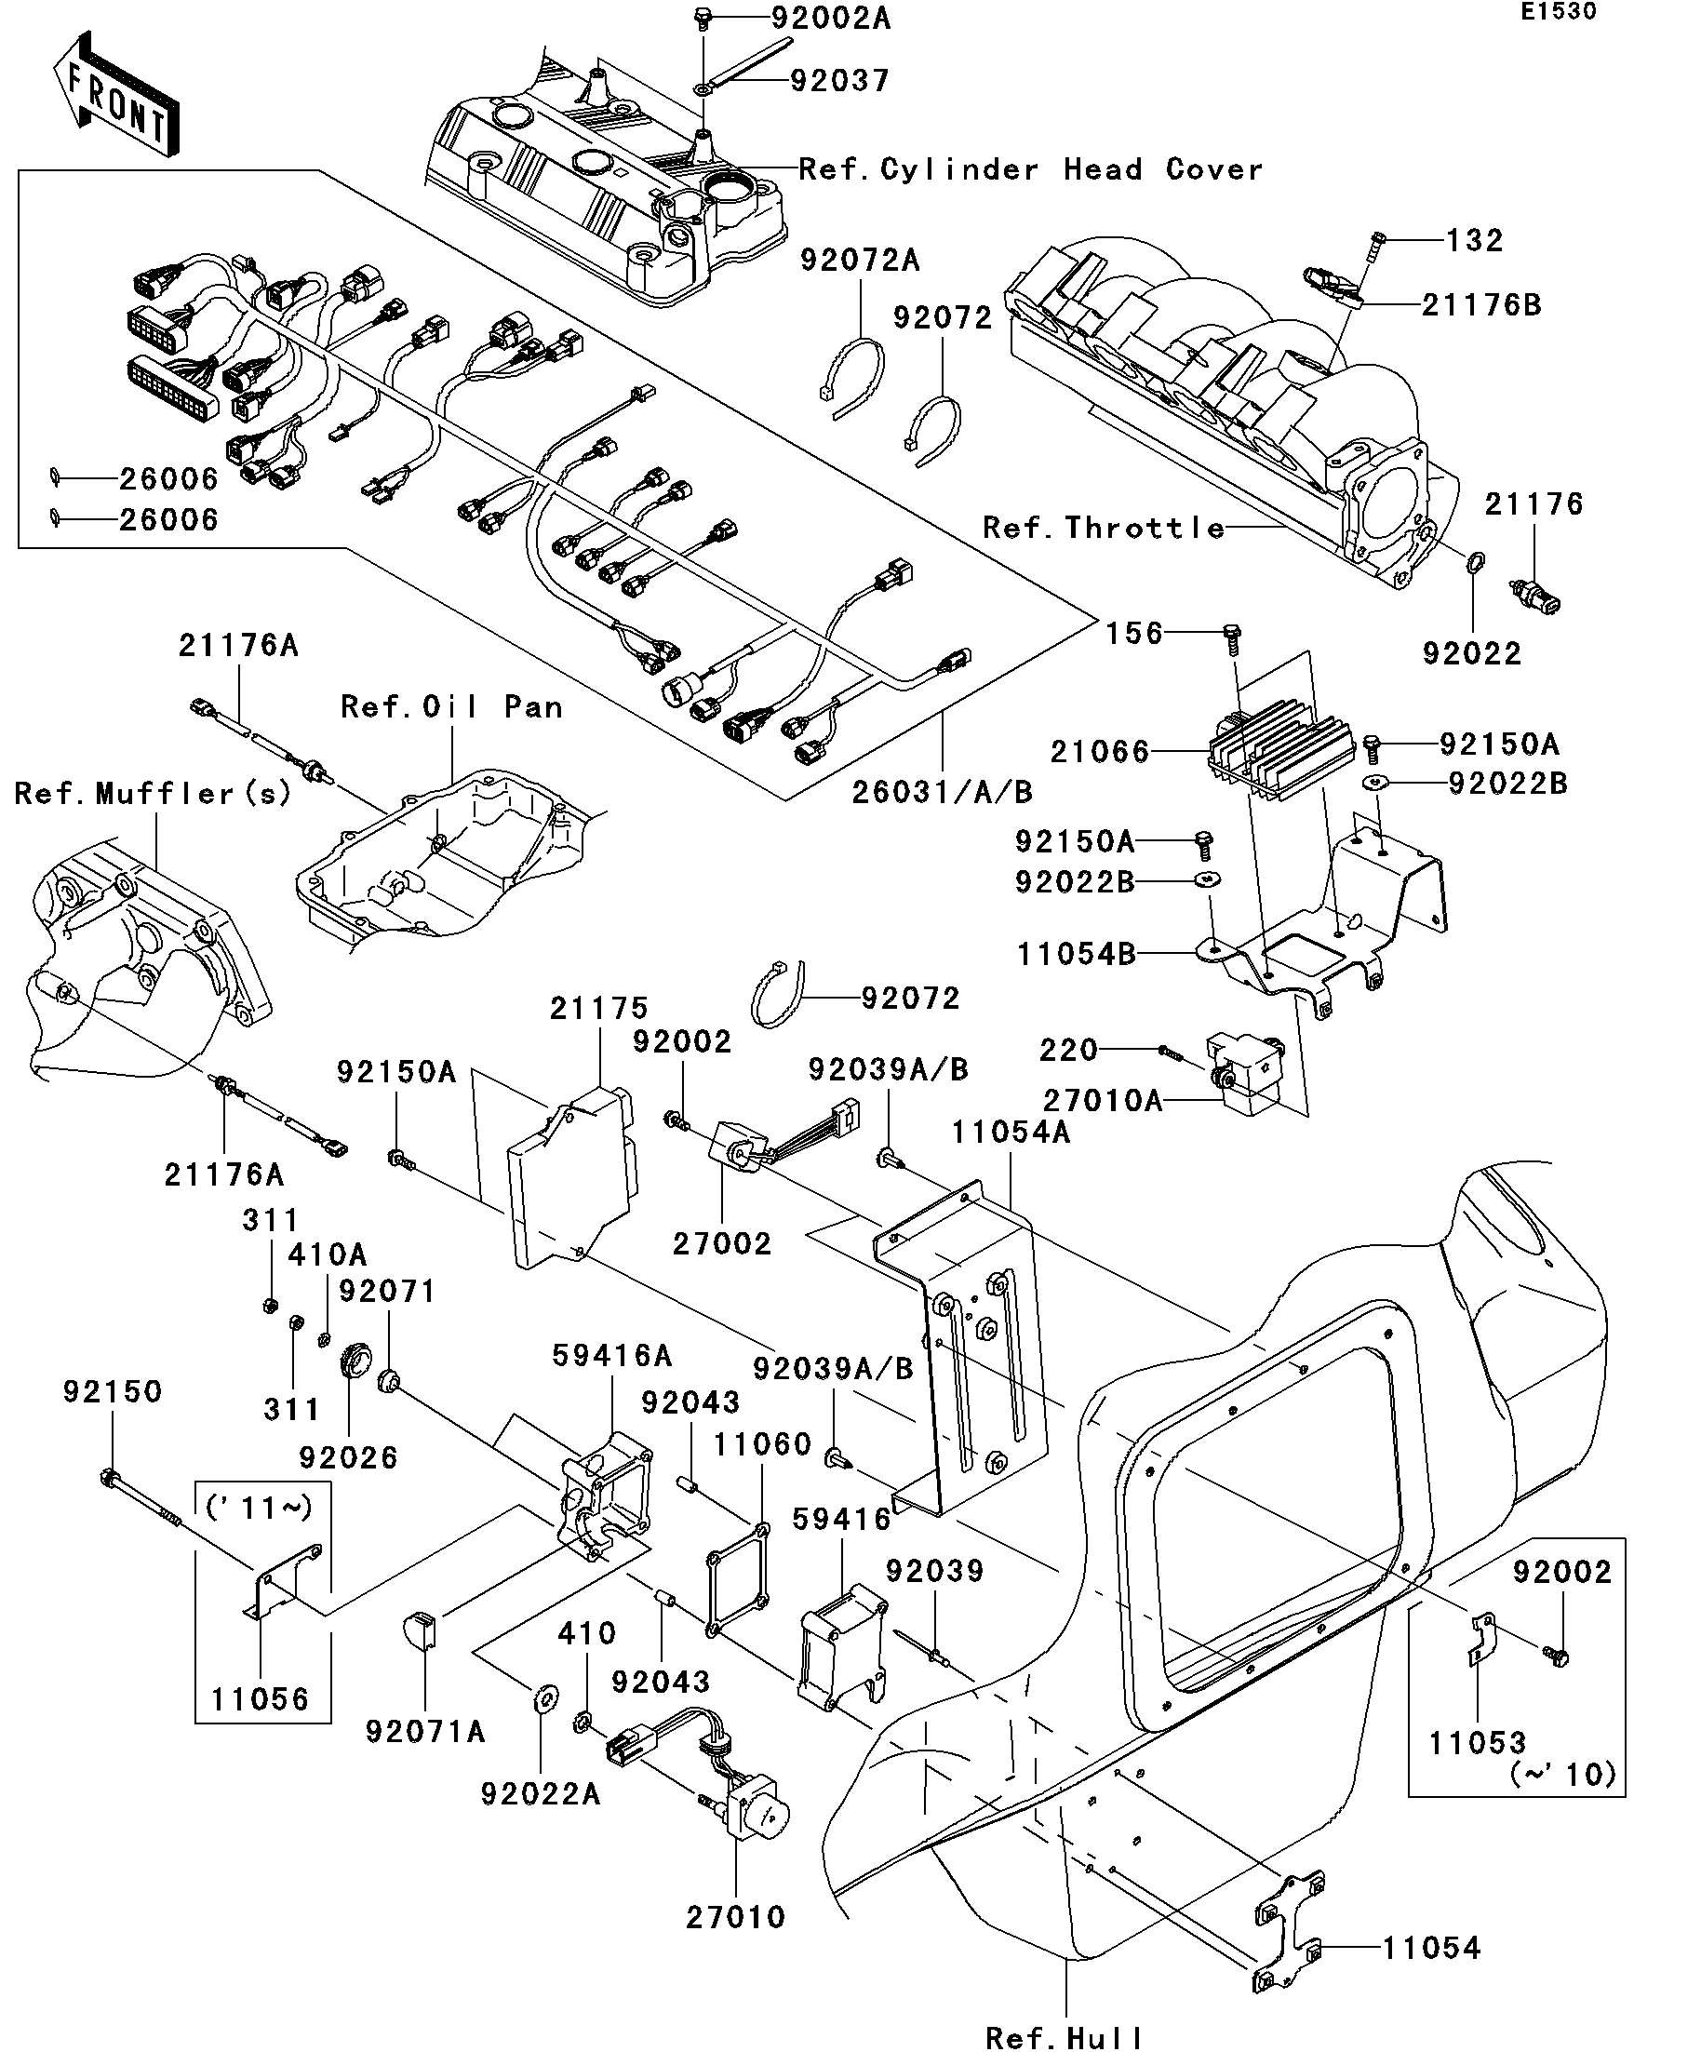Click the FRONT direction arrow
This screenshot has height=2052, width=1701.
pyautogui.click(x=115, y=94)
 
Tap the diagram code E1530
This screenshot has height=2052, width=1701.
pyautogui.click(x=1558, y=13)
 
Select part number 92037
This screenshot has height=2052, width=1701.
pyautogui.click(x=839, y=80)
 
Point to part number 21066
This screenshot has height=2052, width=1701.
pyautogui.click(x=1099, y=751)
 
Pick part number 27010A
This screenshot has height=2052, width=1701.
pyautogui.click(x=1103, y=1100)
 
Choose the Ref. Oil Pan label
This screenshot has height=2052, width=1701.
pyautogui.click(x=451, y=706)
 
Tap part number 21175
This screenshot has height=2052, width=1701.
pyautogui.click(x=598, y=1009)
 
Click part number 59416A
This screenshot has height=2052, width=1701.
pyautogui.click(x=611, y=1355)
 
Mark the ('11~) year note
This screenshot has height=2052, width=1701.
pyautogui.click(x=259, y=1508)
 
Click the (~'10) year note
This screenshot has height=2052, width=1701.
pyautogui.click(x=1563, y=1775)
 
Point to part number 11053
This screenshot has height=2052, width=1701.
pyautogui.click(x=1478, y=1742)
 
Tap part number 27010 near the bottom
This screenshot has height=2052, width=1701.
pyautogui.click(x=736, y=1917)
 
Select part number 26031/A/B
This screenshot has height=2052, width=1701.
pyautogui.click(x=942, y=791)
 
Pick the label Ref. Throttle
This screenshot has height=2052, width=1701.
pyautogui.click(x=1103, y=529)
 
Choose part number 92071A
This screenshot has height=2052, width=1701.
pyautogui.click(x=425, y=1732)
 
